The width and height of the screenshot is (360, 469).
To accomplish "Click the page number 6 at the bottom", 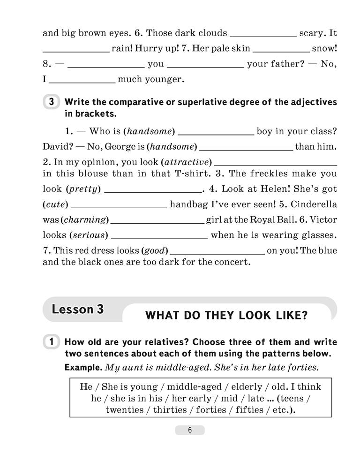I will tap(190, 431).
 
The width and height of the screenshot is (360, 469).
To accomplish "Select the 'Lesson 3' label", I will tap(77, 310).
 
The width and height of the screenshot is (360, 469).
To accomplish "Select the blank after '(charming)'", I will tap(157, 220).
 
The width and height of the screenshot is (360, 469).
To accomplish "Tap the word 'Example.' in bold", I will tap(83, 368).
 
